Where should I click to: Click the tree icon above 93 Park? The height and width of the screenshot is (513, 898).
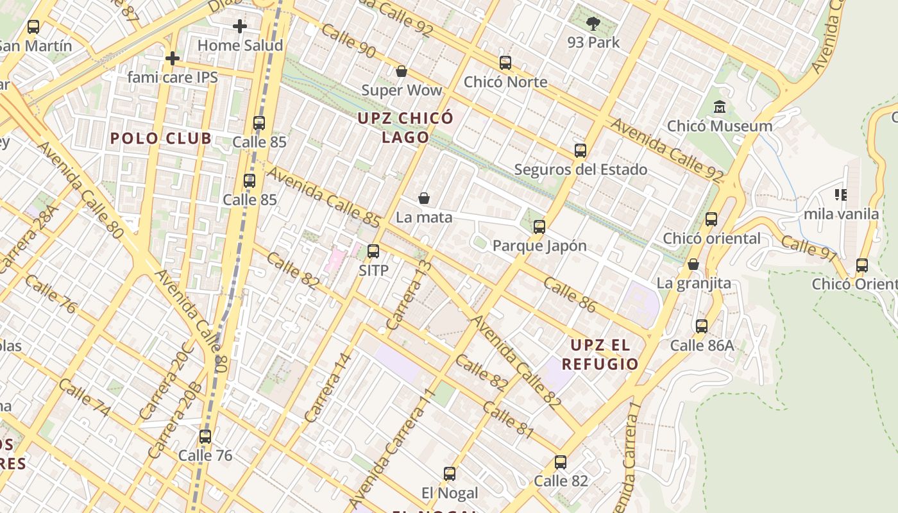(x=593, y=24)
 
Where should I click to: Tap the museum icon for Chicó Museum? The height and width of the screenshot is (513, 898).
(x=719, y=107)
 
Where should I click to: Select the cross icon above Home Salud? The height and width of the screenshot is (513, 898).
(x=240, y=26)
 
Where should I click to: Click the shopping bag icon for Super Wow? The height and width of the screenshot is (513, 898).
(x=402, y=71)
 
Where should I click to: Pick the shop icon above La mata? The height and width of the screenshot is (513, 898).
(x=423, y=198)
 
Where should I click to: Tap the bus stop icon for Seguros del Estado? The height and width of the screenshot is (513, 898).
(x=580, y=151)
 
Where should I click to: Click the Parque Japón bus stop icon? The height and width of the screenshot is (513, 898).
(x=539, y=226)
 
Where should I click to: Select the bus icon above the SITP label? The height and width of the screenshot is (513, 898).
(x=373, y=251)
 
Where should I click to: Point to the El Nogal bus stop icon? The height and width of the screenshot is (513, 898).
(x=450, y=474)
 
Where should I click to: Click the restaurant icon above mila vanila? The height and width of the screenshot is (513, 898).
(x=840, y=194)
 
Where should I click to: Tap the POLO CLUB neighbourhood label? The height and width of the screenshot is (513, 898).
(x=160, y=139)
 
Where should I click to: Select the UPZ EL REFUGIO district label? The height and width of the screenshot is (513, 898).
(x=600, y=355)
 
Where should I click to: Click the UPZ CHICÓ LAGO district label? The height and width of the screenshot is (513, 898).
(x=405, y=128)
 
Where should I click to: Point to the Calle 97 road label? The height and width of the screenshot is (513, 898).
(x=809, y=249)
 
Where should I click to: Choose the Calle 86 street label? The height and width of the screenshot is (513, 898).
(x=570, y=294)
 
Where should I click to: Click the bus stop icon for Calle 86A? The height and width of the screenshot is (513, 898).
(x=702, y=326)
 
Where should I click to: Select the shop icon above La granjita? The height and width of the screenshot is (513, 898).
(x=693, y=264)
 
